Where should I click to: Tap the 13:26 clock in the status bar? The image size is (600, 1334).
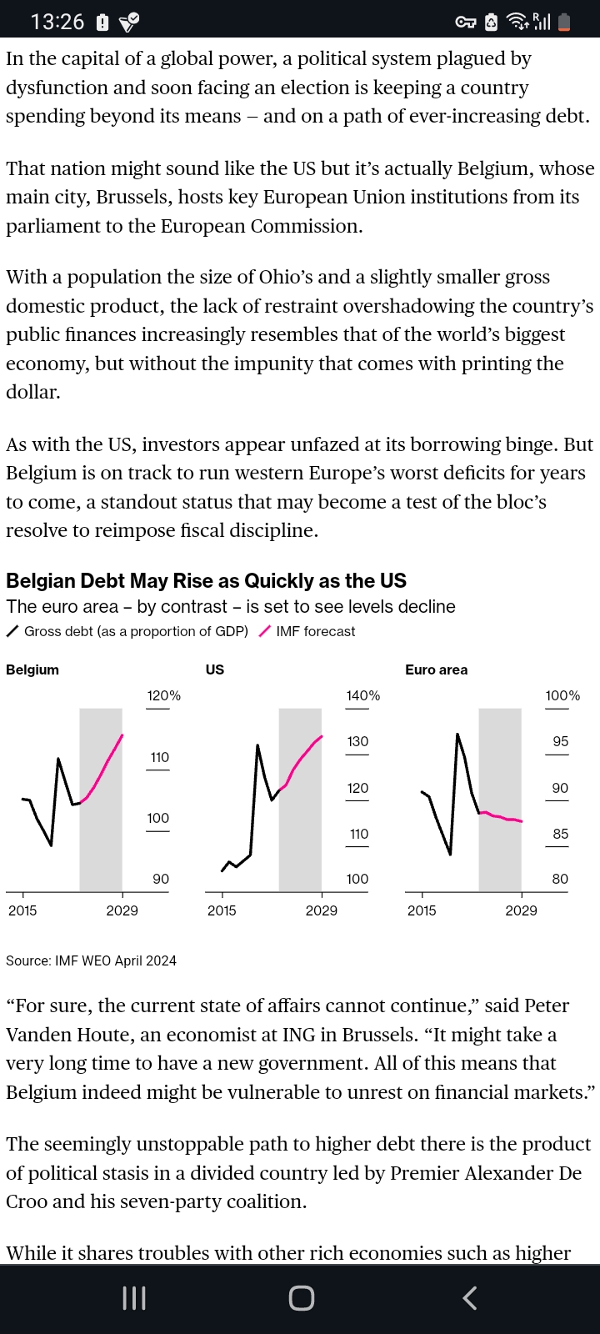coord(57,22)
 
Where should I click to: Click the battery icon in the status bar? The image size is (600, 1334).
coord(564,23)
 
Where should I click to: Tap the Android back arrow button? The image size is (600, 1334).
coord(470,1297)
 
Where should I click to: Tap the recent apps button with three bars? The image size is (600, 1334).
coord(134,1297)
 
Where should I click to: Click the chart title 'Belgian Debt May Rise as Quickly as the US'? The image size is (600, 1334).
coord(206,580)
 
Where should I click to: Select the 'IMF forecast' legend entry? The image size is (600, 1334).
coord(315,631)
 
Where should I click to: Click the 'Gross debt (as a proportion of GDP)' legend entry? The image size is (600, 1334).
coord(136,631)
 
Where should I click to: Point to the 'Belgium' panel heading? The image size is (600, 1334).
coord(32,670)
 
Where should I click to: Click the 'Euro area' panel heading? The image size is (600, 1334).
coord(436,670)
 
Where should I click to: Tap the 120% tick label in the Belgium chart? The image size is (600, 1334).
coord(163,695)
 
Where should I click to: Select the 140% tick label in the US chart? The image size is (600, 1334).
coord(362,695)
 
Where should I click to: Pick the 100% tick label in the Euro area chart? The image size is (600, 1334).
coord(562,695)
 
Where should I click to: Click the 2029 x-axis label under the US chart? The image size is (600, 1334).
coord(321,910)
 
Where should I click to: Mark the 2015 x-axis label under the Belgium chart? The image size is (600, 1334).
coord(22,910)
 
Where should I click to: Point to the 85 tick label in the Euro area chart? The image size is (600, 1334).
coord(560,834)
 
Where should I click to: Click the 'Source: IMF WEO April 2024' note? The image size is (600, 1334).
coord(91,960)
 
